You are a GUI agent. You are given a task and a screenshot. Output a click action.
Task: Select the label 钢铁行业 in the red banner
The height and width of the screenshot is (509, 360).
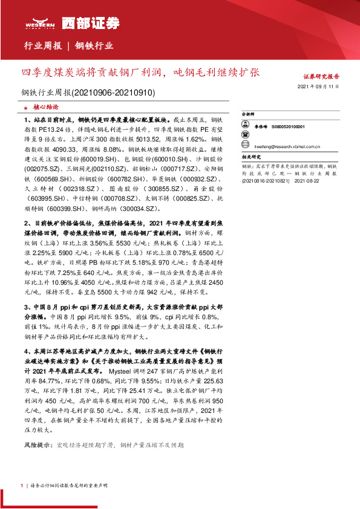point(94,47)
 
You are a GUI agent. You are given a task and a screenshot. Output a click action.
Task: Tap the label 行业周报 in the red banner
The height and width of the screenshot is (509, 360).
point(42,47)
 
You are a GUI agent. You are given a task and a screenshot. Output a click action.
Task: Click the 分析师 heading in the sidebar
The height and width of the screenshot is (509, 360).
point(249,113)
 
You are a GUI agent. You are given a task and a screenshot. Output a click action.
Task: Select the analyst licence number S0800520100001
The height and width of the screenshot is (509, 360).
point(288,126)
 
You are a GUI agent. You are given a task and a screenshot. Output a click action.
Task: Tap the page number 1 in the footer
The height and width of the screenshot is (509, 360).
point(22,485)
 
